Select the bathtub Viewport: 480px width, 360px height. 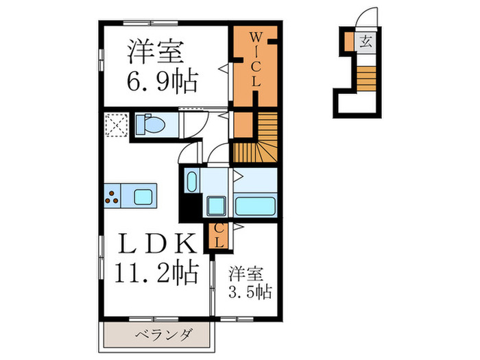coord(254,204)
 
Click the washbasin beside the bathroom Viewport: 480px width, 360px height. coord(191,184)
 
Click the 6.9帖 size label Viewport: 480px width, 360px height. coord(163,82)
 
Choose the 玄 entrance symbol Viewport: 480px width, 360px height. coord(365,40)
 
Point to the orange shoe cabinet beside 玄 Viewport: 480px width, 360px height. coord(349,40)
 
